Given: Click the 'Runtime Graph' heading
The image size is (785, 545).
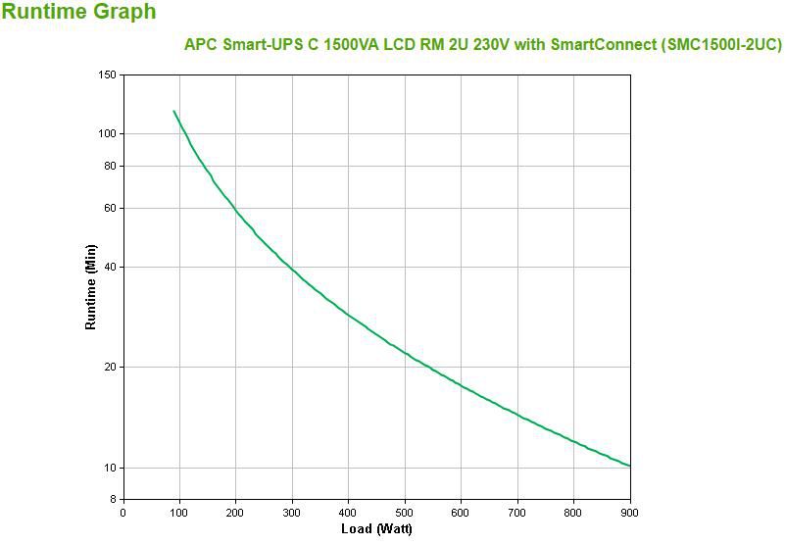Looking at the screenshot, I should pos(78,13).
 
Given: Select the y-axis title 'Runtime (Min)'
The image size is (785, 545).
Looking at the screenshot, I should pos(91,286).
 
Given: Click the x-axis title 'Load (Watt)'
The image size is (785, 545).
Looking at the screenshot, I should pos(376,529).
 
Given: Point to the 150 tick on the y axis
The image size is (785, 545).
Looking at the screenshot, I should pos(108,74).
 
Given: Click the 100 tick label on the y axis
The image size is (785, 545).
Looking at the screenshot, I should pos(108,133).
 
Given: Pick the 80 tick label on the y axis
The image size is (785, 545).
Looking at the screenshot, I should pos(111,166).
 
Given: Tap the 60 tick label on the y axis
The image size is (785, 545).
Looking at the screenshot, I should pos(111,208).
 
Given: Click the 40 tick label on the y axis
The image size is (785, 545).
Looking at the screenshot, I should pos(111,267).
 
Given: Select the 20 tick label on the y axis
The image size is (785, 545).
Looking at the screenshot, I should pos(111,367).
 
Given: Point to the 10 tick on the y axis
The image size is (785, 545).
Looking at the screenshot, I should pos(111,468).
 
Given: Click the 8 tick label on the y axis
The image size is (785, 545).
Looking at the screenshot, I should pos(114,499).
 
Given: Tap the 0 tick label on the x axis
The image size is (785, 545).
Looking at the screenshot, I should pos(123,512).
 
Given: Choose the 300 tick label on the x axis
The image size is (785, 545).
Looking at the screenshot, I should pos(292,512).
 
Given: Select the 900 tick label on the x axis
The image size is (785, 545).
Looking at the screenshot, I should pos(630,512).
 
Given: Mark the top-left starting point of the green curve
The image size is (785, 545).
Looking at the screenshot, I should pos(173,112).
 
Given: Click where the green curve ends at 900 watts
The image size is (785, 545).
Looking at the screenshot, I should pos(630,467).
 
